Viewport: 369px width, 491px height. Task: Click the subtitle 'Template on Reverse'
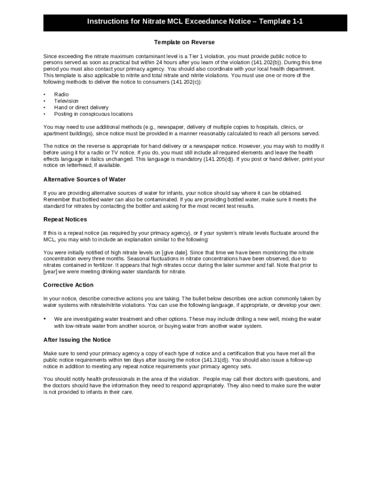184,43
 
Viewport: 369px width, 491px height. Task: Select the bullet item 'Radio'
61,94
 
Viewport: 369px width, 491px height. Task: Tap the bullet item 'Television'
66,101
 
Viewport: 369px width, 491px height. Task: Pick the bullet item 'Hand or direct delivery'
81,107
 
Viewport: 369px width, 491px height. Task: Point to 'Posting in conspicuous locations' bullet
93,114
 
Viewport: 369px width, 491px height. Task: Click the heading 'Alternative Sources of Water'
85,179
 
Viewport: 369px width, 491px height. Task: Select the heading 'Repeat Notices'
65,220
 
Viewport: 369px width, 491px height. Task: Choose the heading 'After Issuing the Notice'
77,340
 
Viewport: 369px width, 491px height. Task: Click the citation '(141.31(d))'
215,360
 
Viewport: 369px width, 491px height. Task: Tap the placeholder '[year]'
50,271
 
